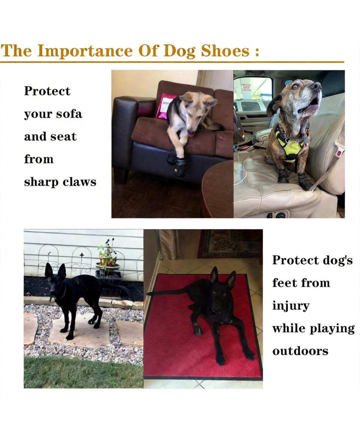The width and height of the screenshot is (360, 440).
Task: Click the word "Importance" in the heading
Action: pyautogui.click(x=85, y=50)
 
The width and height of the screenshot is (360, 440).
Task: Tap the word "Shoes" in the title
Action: pyautogui.click(x=225, y=50)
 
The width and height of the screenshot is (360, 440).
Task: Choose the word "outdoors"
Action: pyautogui.click(x=300, y=351)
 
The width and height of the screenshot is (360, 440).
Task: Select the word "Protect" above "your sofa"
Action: pyautogui.click(x=47, y=91)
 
